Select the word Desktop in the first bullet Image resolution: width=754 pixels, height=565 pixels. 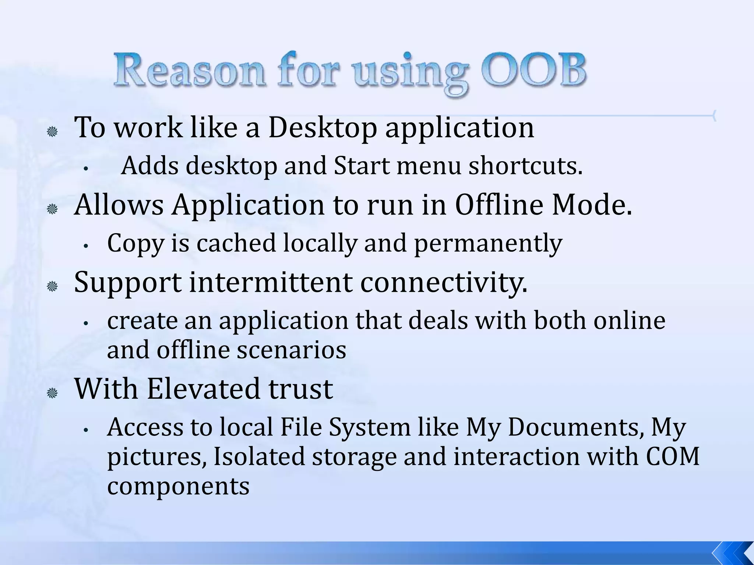(323, 128)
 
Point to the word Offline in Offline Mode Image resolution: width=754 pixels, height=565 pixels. (499, 205)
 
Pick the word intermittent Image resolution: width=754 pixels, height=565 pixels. (270, 282)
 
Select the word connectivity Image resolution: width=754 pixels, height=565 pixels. (444, 282)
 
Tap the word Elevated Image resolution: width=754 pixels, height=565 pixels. (204, 389)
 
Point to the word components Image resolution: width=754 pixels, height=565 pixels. (178, 486)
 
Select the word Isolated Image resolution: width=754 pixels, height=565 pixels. (259, 456)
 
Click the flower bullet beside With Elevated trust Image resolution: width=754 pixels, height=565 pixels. (52, 394)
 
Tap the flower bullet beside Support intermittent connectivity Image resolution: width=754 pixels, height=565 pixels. (52, 286)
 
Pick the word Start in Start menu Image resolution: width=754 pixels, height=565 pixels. (362, 166)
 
